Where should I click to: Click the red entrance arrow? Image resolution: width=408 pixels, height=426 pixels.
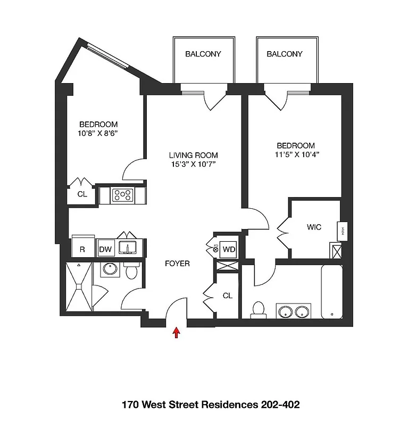click(x=177, y=332)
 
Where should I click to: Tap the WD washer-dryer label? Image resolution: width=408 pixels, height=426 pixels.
click(x=228, y=249)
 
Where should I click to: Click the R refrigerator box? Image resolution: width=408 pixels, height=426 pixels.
click(x=82, y=249)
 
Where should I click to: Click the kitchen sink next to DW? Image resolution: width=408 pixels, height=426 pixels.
click(x=129, y=248)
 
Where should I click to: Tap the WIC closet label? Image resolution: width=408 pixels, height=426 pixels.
click(x=314, y=227)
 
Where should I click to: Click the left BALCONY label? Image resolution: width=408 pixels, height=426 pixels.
click(x=203, y=54)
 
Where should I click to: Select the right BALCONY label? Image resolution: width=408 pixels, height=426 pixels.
click(x=285, y=54)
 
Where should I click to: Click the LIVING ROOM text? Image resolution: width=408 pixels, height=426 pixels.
click(x=193, y=155)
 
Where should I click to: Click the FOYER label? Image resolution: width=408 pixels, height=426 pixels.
click(x=177, y=264)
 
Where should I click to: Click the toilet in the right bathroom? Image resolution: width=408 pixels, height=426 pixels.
click(x=259, y=309)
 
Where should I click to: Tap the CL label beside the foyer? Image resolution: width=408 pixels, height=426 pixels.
click(x=227, y=296)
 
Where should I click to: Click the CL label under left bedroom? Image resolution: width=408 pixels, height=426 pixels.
click(x=82, y=194)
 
